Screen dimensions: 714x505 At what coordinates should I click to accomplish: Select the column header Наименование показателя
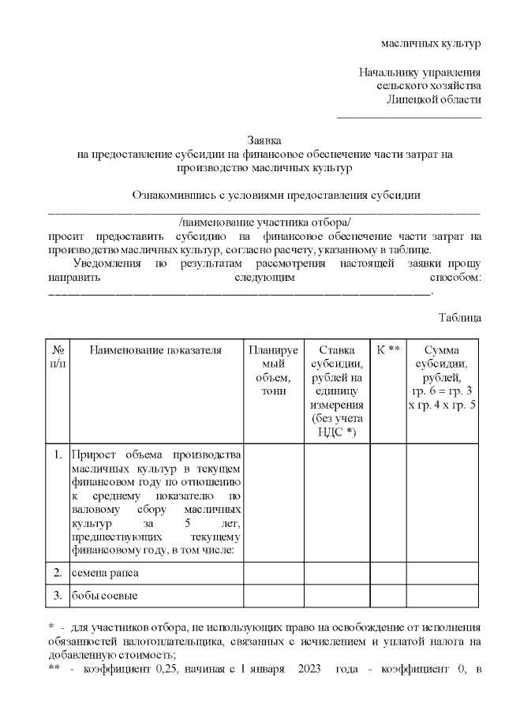point(155,350)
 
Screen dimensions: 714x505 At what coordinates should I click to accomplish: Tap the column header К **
point(388,350)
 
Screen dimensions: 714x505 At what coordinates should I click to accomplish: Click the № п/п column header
point(58,356)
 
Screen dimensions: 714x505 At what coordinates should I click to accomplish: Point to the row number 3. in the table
point(58,594)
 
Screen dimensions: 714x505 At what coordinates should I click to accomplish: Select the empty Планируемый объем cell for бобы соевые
point(272,594)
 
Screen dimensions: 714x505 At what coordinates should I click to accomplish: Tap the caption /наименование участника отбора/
point(264,222)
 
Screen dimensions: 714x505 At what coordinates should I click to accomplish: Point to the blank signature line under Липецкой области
point(409,116)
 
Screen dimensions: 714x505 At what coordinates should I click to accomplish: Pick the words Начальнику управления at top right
point(420,73)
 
